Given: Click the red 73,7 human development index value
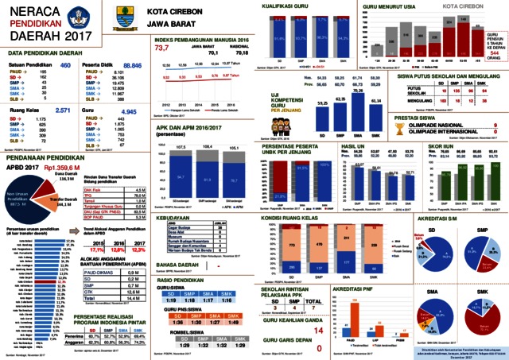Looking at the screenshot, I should click(164, 48).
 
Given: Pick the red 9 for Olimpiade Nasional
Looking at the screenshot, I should click(484, 123).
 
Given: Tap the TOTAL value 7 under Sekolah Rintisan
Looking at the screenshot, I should click(317, 301).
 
